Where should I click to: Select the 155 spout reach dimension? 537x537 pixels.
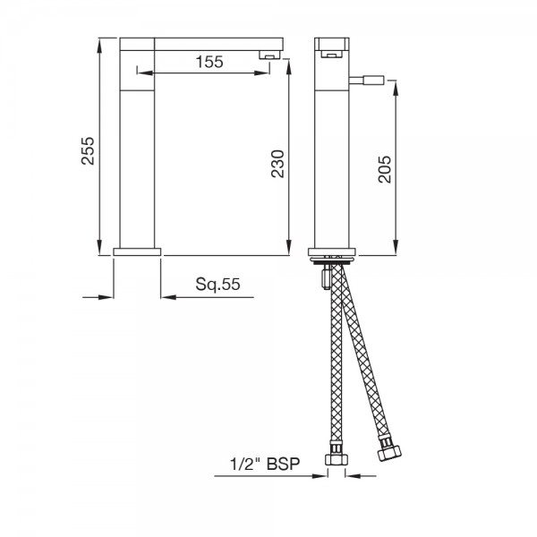[x=209, y=62]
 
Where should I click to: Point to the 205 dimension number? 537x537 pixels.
[x=386, y=165]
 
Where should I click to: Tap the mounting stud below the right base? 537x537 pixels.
[x=321, y=279]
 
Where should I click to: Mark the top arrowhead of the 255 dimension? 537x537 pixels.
[x=98, y=43]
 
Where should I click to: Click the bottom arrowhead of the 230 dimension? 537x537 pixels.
[x=289, y=250]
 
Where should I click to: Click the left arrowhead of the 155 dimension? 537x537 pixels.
[x=159, y=73]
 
